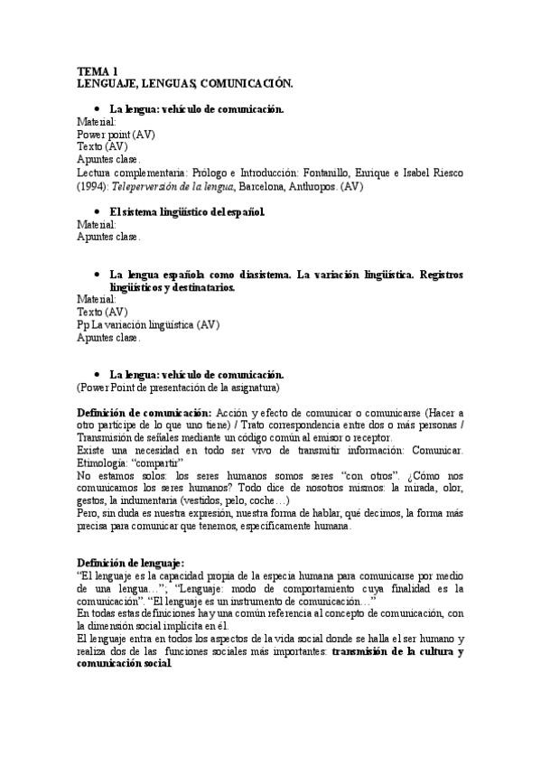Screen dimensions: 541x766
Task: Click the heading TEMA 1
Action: tap(97, 71)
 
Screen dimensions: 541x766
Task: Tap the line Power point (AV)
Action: tap(116, 134)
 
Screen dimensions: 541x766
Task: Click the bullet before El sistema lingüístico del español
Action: tap(97, 212)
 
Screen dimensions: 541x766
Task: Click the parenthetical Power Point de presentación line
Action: tap(178, 388)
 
